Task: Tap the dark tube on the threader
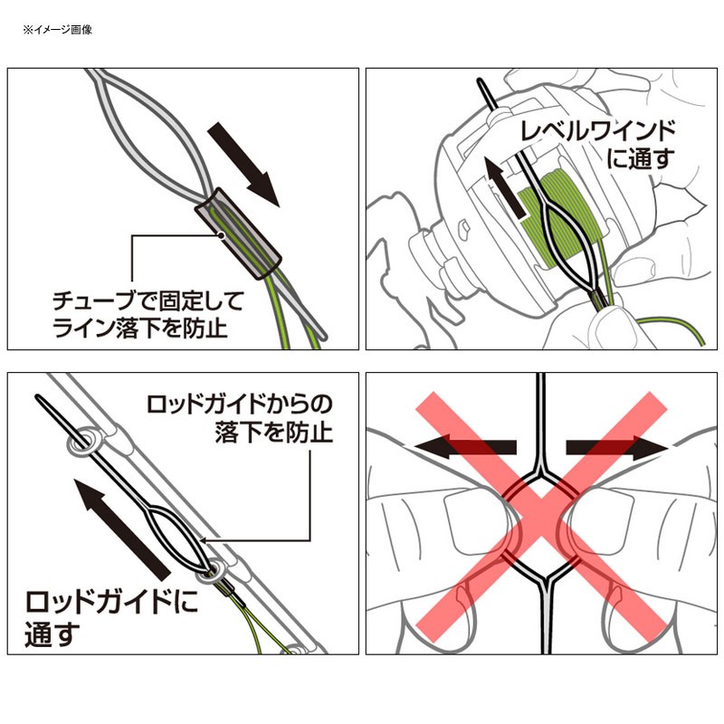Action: tap(240, 232)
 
